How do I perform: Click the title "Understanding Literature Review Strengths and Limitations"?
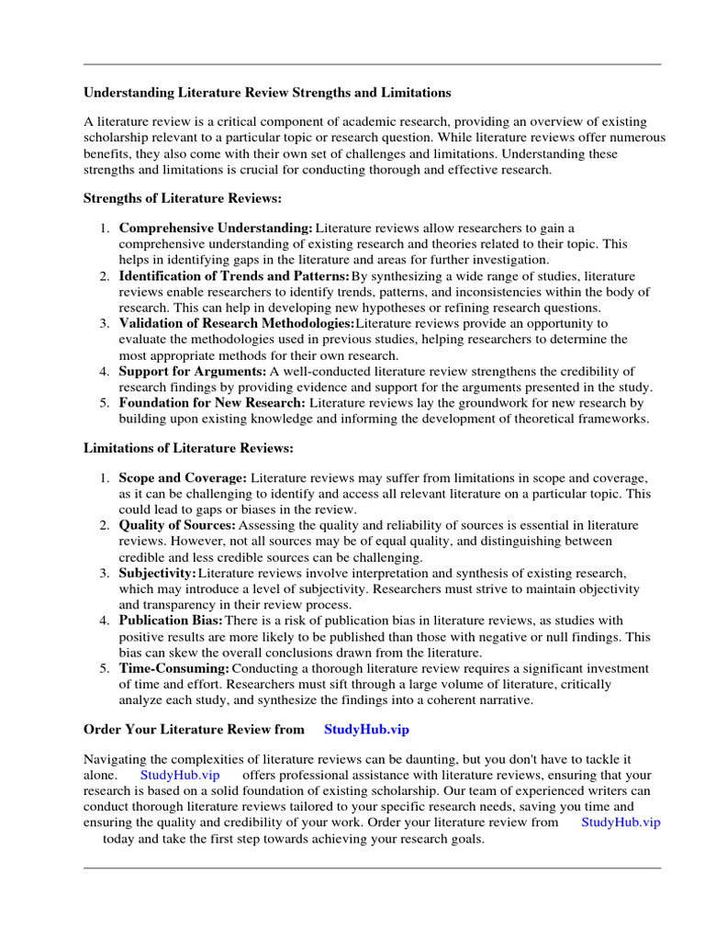[267, 93]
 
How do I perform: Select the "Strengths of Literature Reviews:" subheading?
[183, 197]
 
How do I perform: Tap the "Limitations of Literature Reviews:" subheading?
[188, 449]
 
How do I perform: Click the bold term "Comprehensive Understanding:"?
[216, 228]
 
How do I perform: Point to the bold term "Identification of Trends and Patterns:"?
[234, 275]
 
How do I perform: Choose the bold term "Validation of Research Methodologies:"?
[236, 323]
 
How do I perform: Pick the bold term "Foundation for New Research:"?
[212, 403]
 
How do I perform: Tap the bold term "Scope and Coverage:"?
[183, 478]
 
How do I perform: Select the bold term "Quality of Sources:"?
[177, 525]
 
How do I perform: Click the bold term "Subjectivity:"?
[157, 573]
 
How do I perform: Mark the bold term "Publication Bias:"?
[171, 621]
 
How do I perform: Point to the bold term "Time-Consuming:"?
[173, 668]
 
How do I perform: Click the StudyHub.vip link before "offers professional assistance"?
[181, 775]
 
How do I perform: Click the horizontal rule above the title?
[372, 64]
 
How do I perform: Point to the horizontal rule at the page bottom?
[372, 867]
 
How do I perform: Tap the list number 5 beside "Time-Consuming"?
[106, 668]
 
